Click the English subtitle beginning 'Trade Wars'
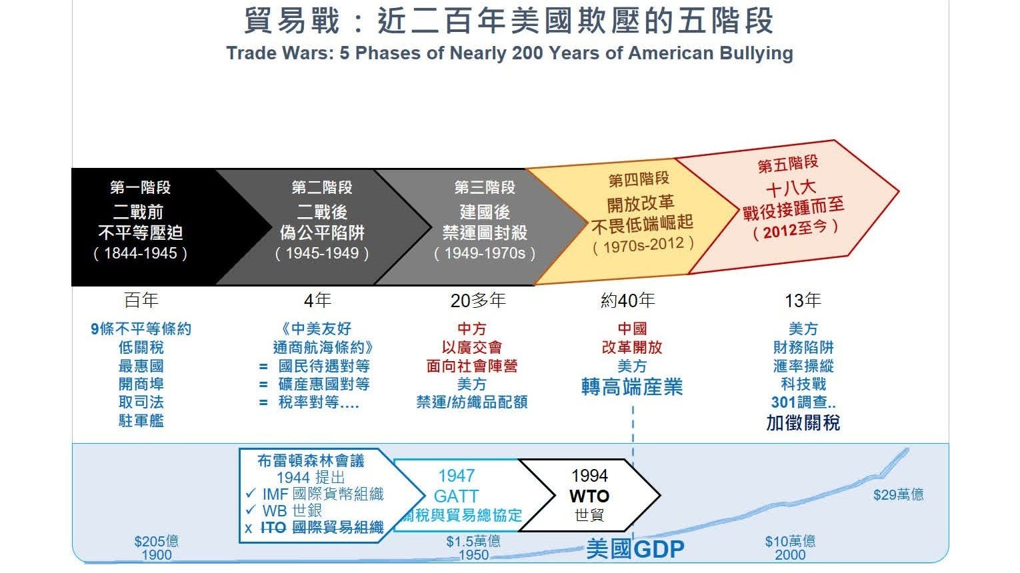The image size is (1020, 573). click(x=509, y=53)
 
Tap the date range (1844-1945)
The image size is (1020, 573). click(x=140, y=253)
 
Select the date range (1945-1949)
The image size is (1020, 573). click(x=322, y=253)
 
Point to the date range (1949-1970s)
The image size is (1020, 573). click(x=485, y=253)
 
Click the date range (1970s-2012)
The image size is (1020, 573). click(x=643, y=246)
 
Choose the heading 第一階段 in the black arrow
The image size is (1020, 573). click(x=140, y=187)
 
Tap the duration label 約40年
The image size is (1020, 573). click(x=627, y=300)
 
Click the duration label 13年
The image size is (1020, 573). click(x=803, y=300)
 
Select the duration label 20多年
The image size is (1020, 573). click(x=478, y=300)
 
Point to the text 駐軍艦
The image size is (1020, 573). click(x=141, y=420)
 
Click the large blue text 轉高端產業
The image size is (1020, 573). click(x=632, y=387)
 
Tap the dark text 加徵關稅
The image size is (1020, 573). click(x=803, y=423)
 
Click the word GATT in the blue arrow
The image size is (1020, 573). click(x=456, y=496)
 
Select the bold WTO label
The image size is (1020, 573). click(x=589, y=496)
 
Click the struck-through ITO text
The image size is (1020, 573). click(x=273, y=528)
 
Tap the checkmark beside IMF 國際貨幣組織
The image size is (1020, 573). click(x=251, y=493)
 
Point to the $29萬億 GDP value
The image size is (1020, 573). click(x=899, y=495)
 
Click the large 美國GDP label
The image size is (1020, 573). click(x=635, y=549)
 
